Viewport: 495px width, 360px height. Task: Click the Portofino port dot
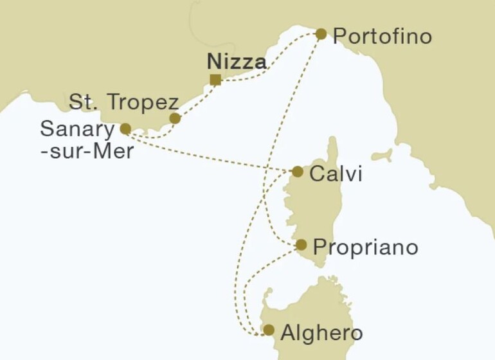pos(321,33)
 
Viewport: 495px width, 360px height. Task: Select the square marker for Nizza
pos(215,80)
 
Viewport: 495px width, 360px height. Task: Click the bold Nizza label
pos(237,62)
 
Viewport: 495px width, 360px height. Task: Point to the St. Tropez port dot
pos(175,118)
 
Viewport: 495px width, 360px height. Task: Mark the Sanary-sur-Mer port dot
pos(125,129)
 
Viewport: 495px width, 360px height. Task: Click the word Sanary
pos(76,128)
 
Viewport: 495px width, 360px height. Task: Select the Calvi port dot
pos(298,172)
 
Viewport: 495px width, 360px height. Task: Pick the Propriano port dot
pos(301,244)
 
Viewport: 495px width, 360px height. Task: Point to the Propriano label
pos(364,247)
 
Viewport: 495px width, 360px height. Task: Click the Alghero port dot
pos(269,330)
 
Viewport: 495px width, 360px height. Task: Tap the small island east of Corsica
pos(385,156)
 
